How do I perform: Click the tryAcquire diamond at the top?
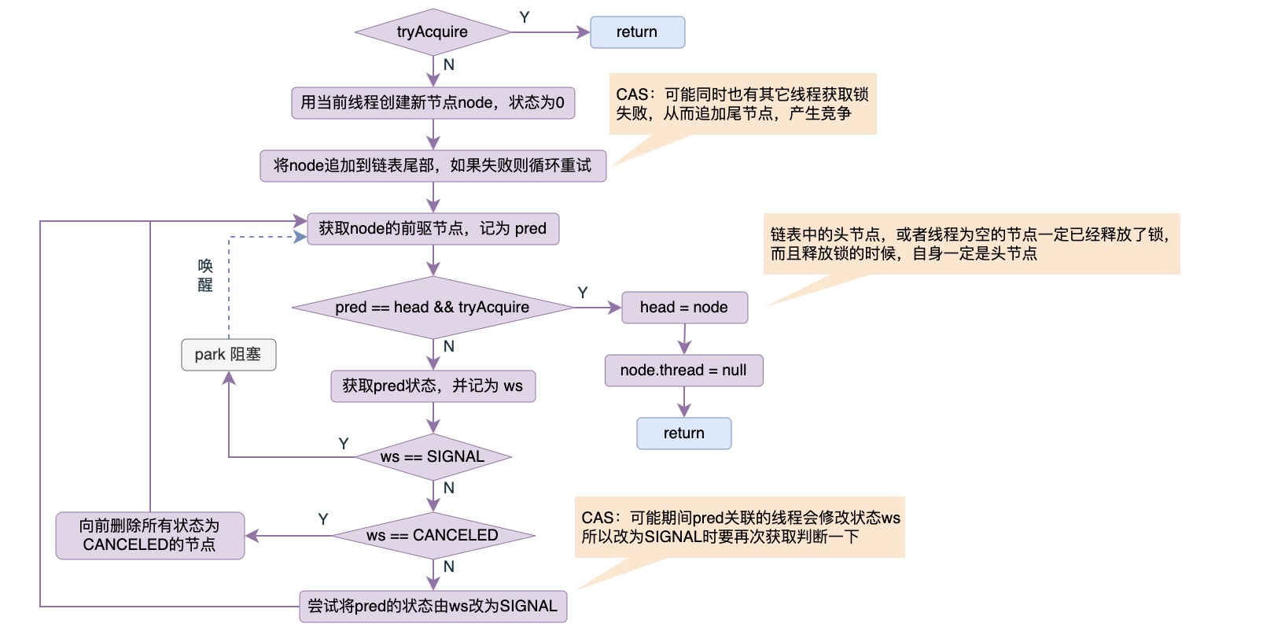click(x=433, y=32)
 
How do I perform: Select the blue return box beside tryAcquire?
click(x=637, y=32)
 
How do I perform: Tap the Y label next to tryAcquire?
click(x=525, y=17)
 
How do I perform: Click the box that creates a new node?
click(x=433, y=103)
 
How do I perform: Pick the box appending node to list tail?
click(x=433, y=166)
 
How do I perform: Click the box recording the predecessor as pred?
click(x=433, y=229)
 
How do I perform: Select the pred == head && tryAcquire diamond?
click(x=433, y=308)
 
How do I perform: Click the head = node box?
click(x=684, y=308)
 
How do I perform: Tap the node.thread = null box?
click(x=683, y=371)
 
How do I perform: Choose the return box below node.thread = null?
click(x=684, y=434)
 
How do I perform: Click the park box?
click(x=228, y=355)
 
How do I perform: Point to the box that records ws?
click(x=433, y=386)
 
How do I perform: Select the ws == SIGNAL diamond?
click(x=433, y=457)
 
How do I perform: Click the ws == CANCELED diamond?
click(x=433, y=536)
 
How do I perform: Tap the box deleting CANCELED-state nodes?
click(x=149, y=536)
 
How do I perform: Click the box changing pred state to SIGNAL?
click(x=433, y=607)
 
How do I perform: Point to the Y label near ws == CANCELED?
click(x=323, y=519)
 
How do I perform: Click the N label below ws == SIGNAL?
click(x=449, y=488)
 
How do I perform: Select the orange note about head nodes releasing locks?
click(x=971, y=244)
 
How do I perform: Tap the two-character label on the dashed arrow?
click(x=205, y=275)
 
